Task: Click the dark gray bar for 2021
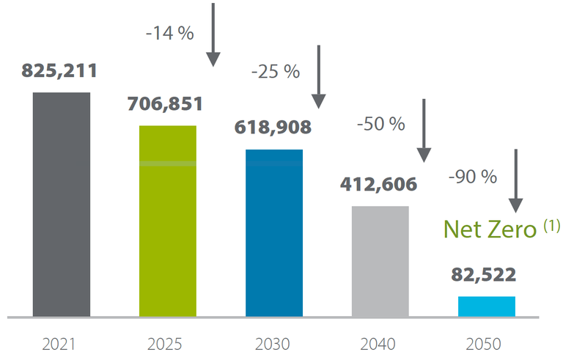[62, 205]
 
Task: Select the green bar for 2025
[168, 221]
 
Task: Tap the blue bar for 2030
[274, 232]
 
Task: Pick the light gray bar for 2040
[380, 261]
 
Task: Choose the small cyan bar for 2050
[486, 306]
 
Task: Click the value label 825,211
[59, 71]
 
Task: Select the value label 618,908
[273, 127]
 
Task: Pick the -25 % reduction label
[276, 72]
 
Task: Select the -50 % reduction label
[381, 124]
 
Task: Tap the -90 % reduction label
[473, 177]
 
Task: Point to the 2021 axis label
[62, 343]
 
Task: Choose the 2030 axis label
[273, 343]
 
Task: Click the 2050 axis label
[486, 343]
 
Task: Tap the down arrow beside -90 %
[516, 180]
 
